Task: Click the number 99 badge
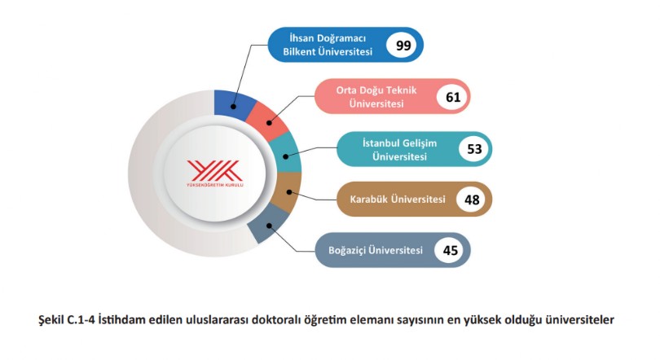pos(403,45)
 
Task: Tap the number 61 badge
pos(453,97)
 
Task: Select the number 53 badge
pos(474,149)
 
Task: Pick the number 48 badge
pos(472,200)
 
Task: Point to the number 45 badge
pos(451,251)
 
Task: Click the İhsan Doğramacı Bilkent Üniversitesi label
pos(328,45)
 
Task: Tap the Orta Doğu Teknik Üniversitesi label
pos(376,97)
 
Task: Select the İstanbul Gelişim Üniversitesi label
pos(399,150)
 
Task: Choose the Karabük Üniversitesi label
pos(398,199)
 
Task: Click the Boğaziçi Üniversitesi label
pos(376,250)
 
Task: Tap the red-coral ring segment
pos(266,119)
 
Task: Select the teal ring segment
pos(286,152)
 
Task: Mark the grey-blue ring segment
pos(268,226)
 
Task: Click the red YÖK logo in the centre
pos(214,173)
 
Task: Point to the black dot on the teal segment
pos(286,156)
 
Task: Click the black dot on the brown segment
pos(289,192)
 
